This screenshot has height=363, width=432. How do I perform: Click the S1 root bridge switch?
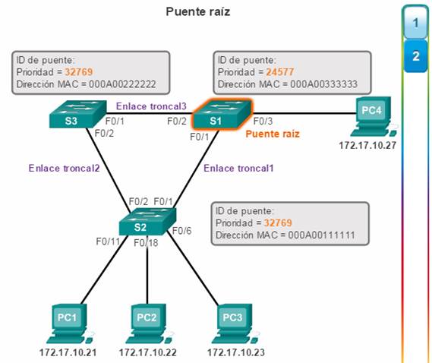pyautogui.click(x=222, y=114)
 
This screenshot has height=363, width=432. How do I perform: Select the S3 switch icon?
pyautogui.click(x=77, y=114)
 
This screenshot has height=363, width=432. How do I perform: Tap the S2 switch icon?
pyautogui.click(x=147, y=221)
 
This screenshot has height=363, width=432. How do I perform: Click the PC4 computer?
pyautogui.click(x=373, y=116)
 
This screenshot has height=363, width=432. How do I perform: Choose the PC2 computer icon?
pyautogui.click(x=148, y=324)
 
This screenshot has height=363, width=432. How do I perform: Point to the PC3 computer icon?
pyautogui.click(x=235, y=324)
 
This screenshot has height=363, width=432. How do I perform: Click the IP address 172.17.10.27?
pyautogui.click(x=367, y=145)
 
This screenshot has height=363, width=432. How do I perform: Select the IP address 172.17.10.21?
pyautogui.click(x=68, y=352)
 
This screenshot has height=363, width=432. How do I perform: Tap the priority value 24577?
pyautogui.click(x=280, y=72)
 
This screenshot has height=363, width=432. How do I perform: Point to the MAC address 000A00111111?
pyautogui.click(x=321, y=235)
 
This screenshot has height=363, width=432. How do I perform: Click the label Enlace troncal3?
pyautogui.click(x=151, y=106)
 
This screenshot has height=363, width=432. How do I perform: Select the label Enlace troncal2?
pyautogui.click(x=64, y=168)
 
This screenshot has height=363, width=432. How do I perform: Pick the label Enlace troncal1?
pyautogui.click(x=238, y=168)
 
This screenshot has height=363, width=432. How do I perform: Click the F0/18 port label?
pyautogui.click(x=146, y=243)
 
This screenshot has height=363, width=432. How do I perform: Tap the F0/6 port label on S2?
pyautogui.click(x=182, y=231)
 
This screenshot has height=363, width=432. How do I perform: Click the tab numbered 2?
pyautogui.click(x=416, y=56)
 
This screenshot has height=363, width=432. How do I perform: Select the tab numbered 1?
pyautogui.click(x=416, y=23)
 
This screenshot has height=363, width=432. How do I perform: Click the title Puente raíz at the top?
pyautogui.click(x=198, y=12)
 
